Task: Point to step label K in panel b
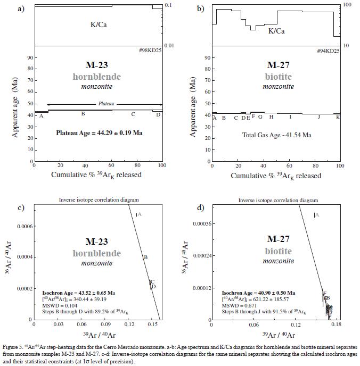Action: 338,117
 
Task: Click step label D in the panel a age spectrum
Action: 158,114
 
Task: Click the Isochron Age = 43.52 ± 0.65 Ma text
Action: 79,293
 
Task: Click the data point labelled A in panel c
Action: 137,215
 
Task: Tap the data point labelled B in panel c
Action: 143,257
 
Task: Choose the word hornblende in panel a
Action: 97,77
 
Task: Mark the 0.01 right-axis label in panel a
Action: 170,46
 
